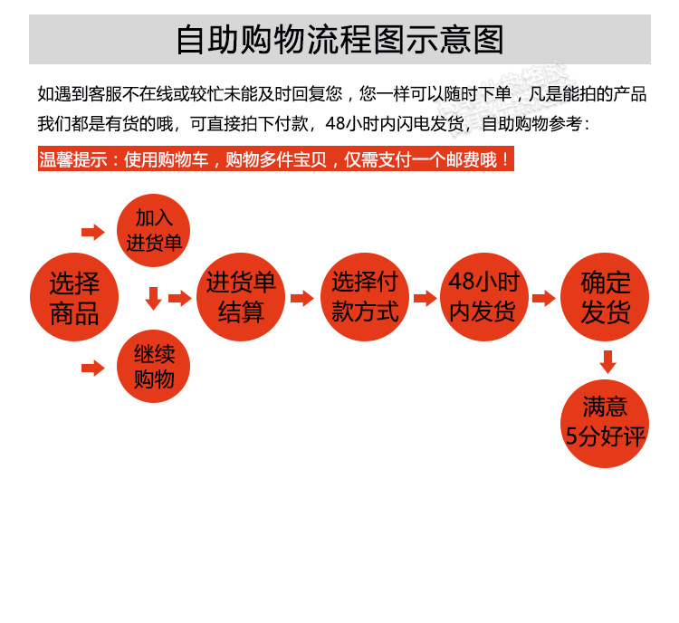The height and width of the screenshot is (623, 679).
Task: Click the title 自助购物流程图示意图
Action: point(339,41)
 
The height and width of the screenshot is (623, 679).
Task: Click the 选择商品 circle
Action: point(74,298)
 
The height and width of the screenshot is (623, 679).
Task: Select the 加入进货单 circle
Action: point(154,230)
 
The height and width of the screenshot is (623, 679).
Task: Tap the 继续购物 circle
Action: point(154,367)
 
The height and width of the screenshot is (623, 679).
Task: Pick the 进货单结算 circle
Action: point(240,298)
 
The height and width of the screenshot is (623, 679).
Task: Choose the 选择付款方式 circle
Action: point(365,298)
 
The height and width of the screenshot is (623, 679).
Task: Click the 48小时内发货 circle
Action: point(483,298)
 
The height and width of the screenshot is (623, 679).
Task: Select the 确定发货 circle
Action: point(606,298)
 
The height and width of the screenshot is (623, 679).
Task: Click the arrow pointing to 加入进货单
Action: point(93,232)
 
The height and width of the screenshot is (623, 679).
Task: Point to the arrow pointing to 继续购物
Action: point(93,368)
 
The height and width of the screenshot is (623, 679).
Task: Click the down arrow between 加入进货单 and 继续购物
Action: point(153,298)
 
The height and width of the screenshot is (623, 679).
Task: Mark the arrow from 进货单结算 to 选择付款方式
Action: point(303,298)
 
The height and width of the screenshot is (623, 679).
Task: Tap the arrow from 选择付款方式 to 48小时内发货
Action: point(425,298)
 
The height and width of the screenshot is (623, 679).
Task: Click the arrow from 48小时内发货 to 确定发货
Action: point(544,298)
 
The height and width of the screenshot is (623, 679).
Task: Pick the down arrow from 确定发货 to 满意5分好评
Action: point(607,361)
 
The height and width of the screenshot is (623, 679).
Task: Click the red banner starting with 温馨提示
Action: point(276,160)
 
